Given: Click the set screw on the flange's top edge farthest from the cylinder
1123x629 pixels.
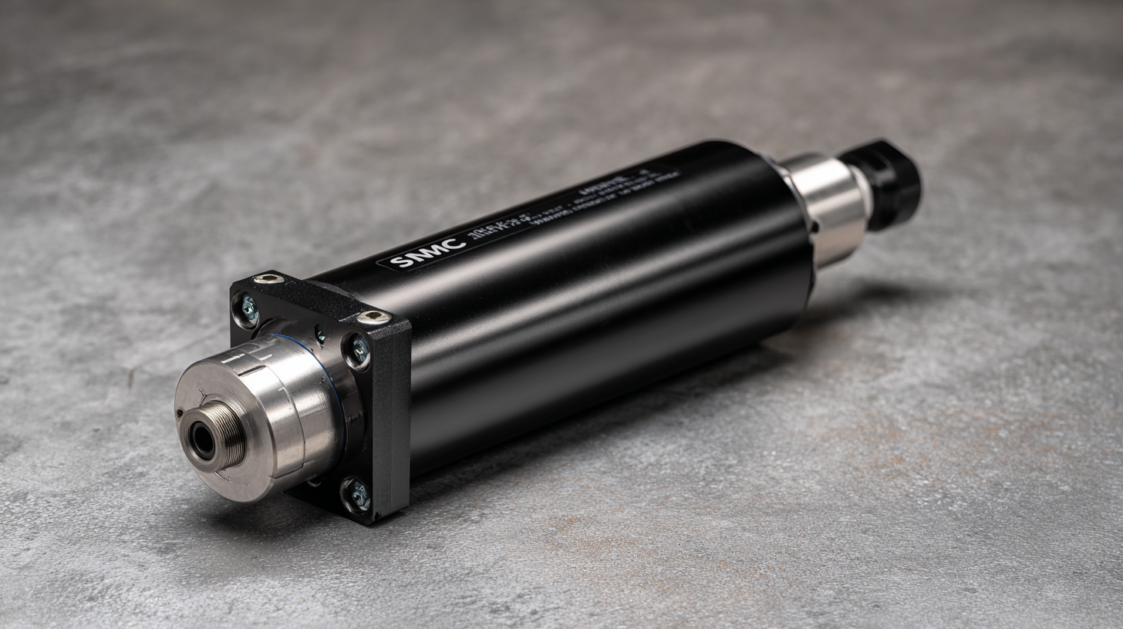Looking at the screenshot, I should (x=268, y=278).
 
